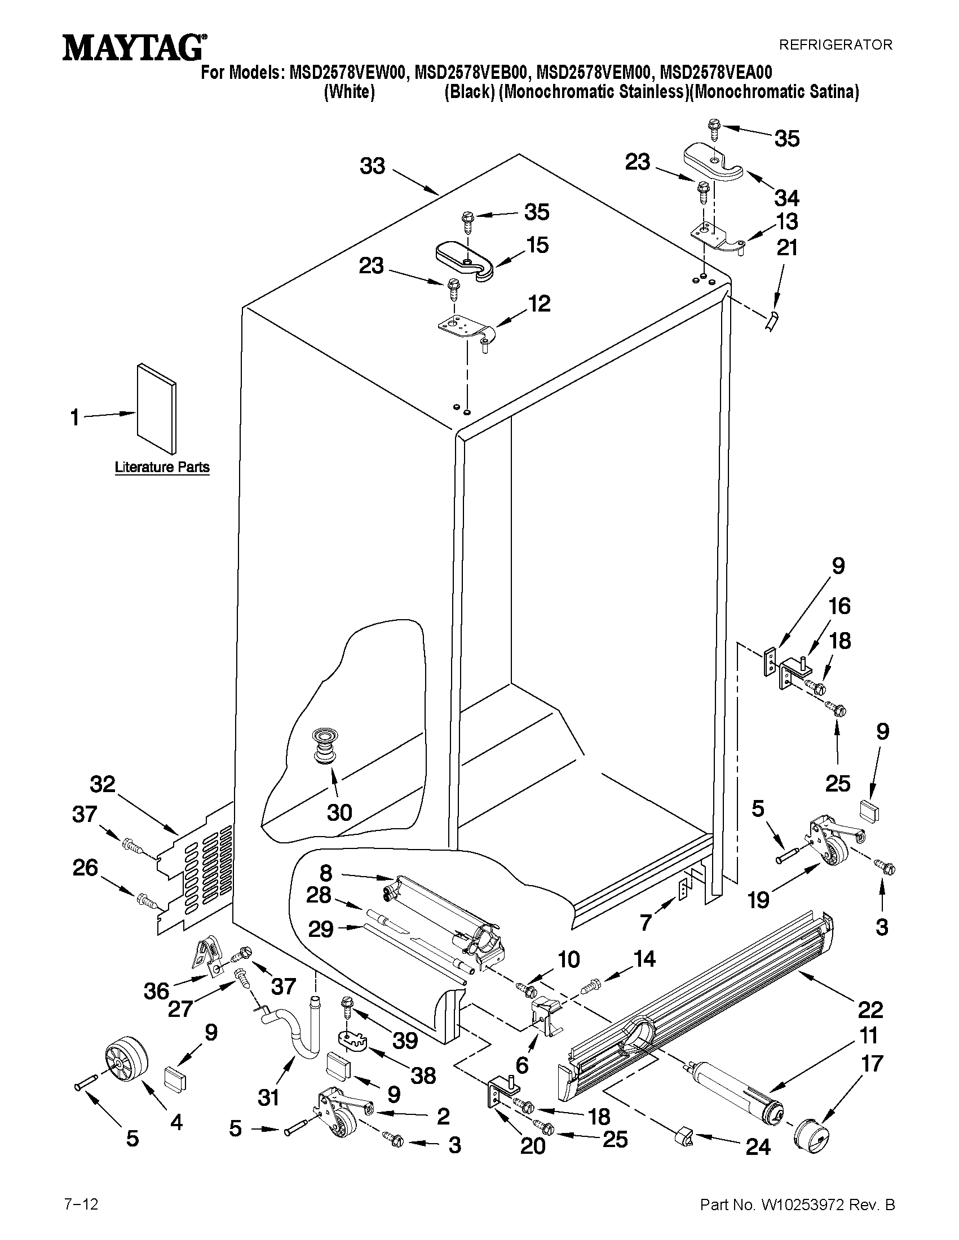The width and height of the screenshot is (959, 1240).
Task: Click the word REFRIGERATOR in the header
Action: point(834,45)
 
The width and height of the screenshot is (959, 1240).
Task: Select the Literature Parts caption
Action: point(162,467)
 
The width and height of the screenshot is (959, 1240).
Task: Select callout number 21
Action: point(787,248)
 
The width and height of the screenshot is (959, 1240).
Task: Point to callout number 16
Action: point(839,606)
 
